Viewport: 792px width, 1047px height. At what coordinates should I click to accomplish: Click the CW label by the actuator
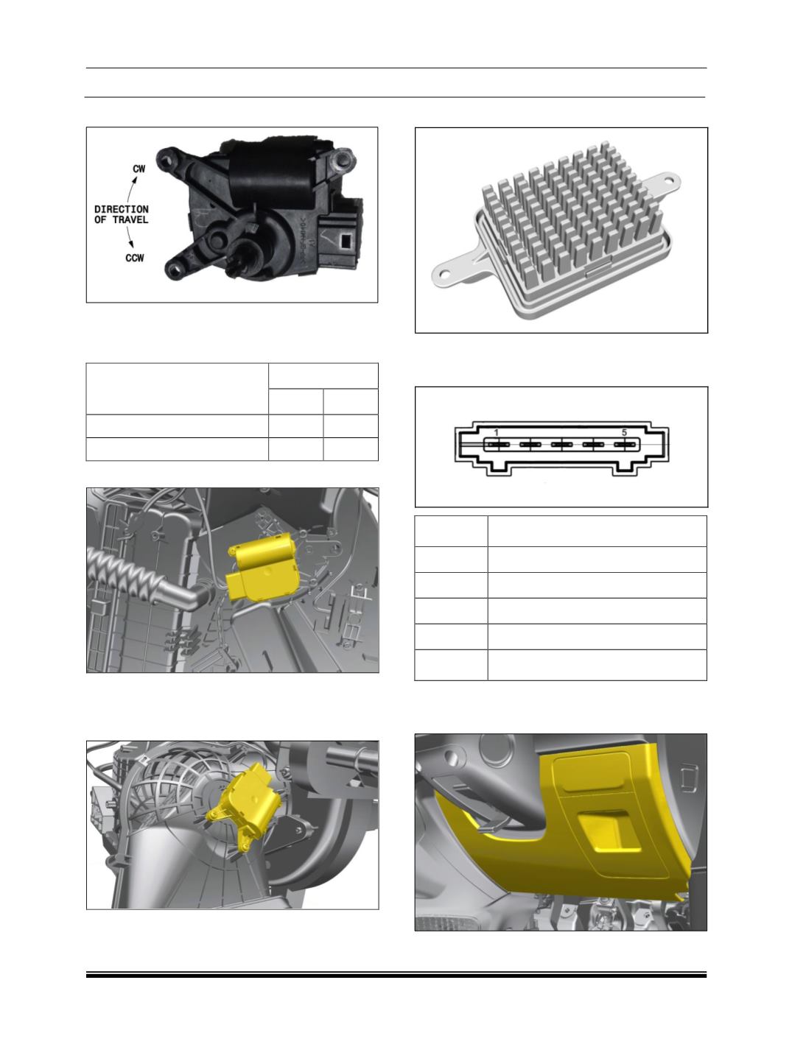(139, 169)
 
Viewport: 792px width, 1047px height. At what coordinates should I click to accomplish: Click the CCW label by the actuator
(135, 258)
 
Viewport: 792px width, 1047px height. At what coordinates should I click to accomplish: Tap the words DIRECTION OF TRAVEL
(121, 215)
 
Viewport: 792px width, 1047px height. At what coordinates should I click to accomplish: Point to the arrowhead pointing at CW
(135, 180)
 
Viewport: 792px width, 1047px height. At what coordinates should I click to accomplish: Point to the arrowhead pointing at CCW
(130, 244)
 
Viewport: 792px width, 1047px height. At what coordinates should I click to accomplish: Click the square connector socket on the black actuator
(343, 241)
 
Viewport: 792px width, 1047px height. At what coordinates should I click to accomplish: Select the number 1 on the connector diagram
(496, 432)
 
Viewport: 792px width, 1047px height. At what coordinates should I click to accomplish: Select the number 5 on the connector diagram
(624, 432)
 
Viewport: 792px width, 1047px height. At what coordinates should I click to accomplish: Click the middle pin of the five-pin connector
(561, 445)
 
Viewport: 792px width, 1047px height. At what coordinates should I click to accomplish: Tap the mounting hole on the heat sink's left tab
(445, 275)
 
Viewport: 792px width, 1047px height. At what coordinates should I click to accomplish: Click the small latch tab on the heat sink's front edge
(597, 271)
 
